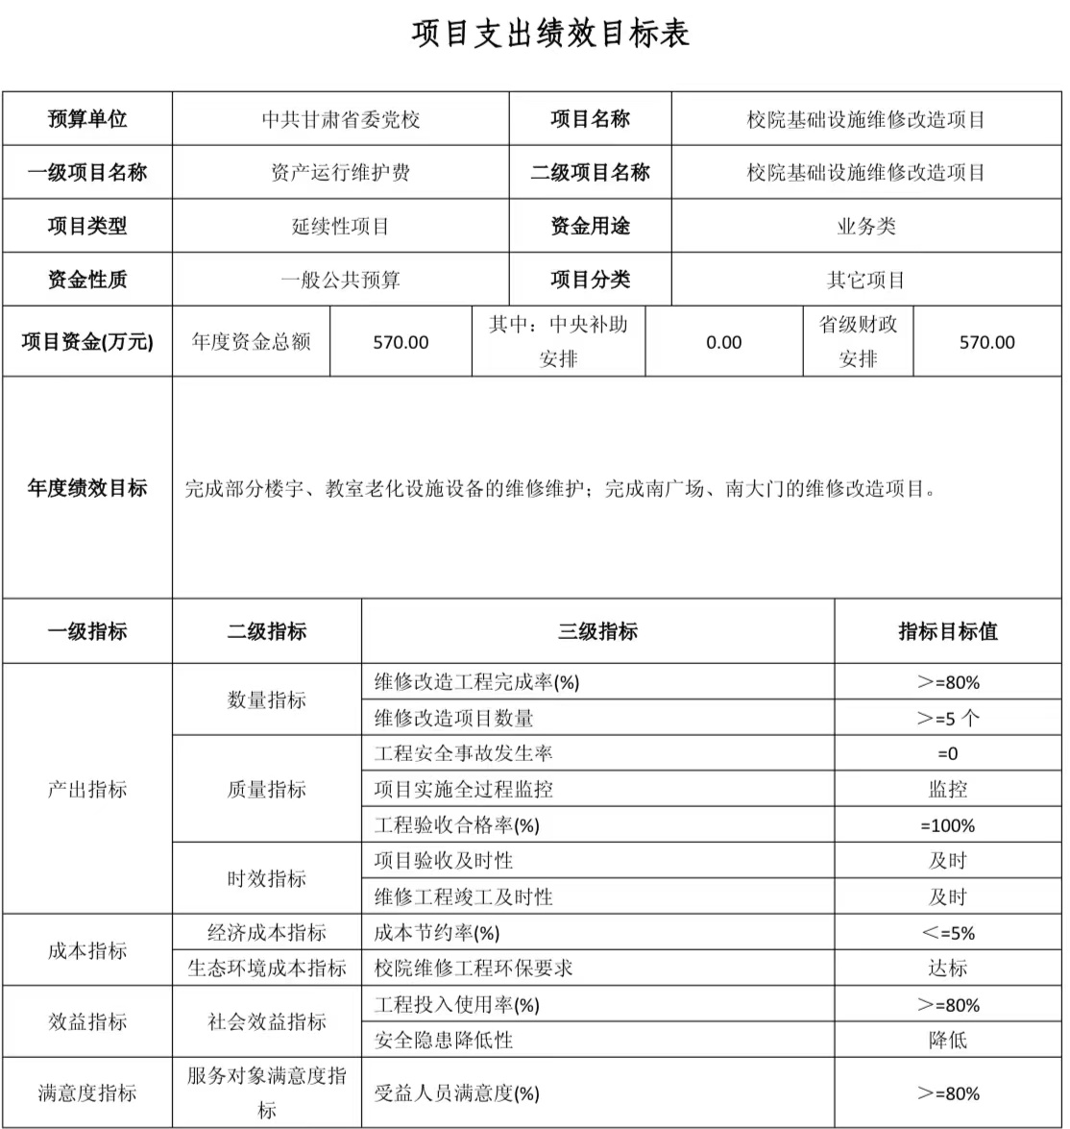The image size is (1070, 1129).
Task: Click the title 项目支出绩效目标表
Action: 550,34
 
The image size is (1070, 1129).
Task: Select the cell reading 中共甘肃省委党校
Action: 341,120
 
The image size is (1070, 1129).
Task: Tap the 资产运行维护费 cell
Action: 341,173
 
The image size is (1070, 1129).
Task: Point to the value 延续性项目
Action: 341,227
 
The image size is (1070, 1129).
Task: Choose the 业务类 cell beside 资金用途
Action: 866,227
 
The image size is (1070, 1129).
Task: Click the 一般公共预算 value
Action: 341,281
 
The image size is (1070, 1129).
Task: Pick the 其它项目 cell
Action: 866,281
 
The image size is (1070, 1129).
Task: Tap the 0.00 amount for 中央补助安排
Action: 723,343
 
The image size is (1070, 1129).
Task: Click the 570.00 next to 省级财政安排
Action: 986,343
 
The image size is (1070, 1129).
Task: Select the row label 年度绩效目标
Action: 87,488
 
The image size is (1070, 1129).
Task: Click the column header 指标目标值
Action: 948,631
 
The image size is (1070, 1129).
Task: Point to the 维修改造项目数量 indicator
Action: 453,718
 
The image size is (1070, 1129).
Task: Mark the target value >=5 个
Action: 948,718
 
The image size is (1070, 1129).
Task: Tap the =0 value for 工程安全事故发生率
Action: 948,754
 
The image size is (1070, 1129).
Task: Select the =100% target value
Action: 948,825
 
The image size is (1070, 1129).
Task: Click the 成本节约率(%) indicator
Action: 437,933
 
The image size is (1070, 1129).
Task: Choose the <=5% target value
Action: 948,933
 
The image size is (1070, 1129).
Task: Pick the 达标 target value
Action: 948,969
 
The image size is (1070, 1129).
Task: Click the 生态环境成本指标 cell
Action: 267,969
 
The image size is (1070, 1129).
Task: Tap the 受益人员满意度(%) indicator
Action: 457,1093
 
